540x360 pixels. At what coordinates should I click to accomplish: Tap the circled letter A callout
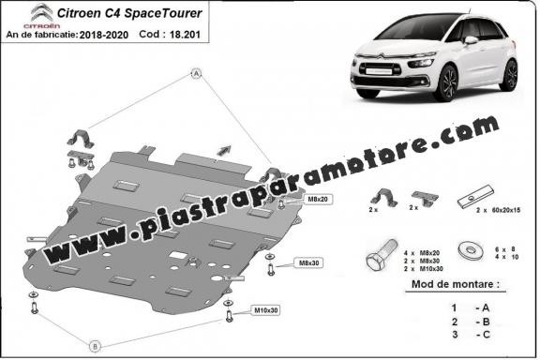tap(197, 73)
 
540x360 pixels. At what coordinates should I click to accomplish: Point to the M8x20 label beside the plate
tap(316, 199)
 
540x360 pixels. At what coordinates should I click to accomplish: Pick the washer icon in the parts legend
tap(465, 252)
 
